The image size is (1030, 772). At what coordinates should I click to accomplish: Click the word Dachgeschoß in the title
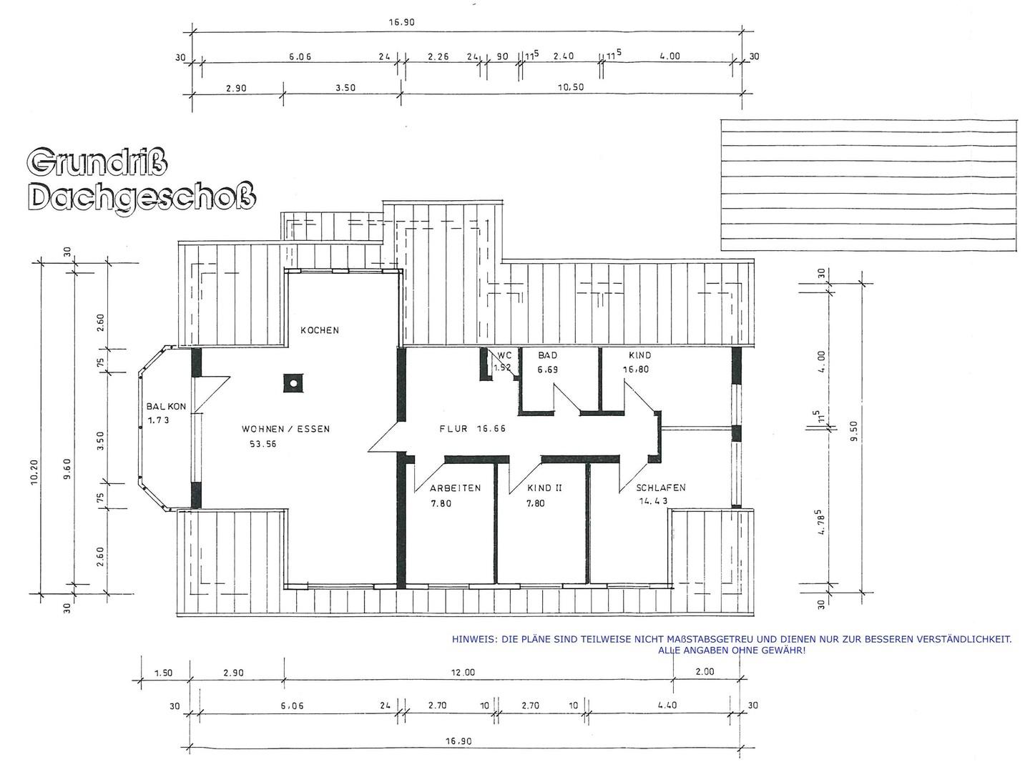click(x=142, y=197)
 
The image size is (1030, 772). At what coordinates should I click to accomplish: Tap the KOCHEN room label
click(x=320, y=330)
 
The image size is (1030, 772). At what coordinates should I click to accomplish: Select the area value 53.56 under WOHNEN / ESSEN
click(x=263, y=444)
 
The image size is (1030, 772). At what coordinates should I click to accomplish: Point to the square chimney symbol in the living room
click(x=293, y=382)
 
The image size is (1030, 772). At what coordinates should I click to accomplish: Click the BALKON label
click(x=166, y=407)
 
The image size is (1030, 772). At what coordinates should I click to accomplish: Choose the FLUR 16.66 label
click(x=473, y=428)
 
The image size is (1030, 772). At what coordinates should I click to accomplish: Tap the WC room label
click(x=504, y=355)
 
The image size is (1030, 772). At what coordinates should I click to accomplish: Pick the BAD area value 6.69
click(x=548, y=370)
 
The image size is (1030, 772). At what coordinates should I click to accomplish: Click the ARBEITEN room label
click(x=455, y=488)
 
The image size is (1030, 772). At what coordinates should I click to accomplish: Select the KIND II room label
click(x=544, y=488)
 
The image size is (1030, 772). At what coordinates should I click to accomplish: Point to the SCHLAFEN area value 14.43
click(x=653, y=501)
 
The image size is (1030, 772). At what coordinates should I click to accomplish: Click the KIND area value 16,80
click(x=636, y=370)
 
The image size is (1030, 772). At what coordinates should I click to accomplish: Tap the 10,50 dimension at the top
click(x=571, y=87)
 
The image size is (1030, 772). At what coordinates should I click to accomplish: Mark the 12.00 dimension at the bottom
click(x=463, y=673)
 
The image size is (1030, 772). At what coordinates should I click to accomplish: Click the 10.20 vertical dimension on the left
click(x=34, y=472)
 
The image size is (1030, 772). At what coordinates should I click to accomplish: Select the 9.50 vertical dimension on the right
click(x=853, y=431)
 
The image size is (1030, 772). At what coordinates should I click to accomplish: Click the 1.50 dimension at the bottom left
click(x=163, y=673)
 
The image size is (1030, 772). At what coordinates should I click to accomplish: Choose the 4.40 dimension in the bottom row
click(x=667, y=705)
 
